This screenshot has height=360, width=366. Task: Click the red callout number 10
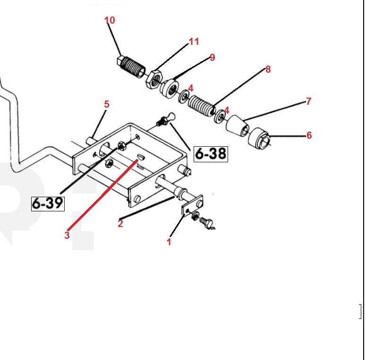110,20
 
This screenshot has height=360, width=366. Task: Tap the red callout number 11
194,42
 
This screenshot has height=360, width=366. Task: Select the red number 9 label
212,58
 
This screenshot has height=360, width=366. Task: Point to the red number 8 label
268,69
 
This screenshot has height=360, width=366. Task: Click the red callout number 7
308,101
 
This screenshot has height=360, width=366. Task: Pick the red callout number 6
309,135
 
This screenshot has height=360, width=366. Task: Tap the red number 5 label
106,104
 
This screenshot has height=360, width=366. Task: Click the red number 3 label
67,235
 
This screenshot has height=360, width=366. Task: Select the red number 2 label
120,224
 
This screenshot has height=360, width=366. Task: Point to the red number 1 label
169,242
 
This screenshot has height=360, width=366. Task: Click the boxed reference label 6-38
211,153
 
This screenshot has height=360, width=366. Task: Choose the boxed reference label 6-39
48,203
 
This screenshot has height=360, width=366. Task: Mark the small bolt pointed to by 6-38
164,119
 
